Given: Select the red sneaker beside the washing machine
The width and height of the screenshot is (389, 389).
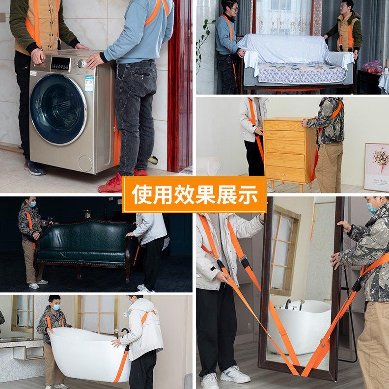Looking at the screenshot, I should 111,184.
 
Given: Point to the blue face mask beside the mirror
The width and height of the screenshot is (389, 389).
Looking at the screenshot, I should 372,207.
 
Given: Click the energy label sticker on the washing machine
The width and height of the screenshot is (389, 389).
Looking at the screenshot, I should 88,84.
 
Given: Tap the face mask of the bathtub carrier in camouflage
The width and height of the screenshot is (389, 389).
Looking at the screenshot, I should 56,307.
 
